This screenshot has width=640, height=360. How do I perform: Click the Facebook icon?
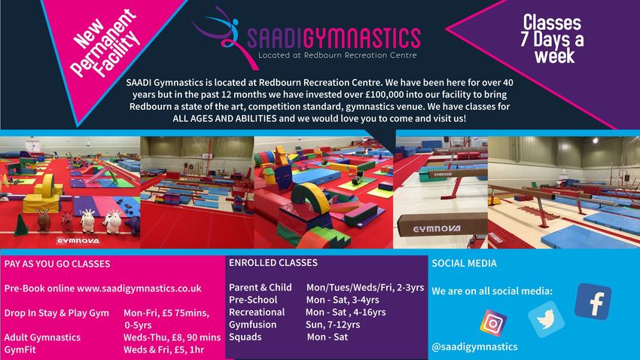593,302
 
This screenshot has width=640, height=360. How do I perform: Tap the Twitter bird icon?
546,319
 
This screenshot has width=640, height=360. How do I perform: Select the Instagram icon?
493,323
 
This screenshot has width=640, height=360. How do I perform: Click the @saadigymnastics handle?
474,346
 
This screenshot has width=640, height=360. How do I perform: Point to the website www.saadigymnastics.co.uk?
139,288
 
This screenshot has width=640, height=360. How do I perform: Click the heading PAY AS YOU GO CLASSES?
57,264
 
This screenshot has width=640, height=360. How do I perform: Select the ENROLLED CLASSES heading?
273,262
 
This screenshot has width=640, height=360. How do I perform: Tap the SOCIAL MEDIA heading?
464,264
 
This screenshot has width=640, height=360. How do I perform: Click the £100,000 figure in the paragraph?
385,95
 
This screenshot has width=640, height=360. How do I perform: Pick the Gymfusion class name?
253,325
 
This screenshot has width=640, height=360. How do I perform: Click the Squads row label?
245,337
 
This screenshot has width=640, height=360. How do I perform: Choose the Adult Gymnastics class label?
42,337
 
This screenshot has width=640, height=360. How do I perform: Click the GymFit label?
20,349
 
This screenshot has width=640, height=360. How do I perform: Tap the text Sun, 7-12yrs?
333,325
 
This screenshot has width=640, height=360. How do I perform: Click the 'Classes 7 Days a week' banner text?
552,38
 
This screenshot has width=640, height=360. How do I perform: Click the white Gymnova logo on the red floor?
78,241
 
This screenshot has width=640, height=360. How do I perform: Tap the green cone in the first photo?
20,225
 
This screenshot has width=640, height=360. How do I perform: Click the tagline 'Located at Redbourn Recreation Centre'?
337,55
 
